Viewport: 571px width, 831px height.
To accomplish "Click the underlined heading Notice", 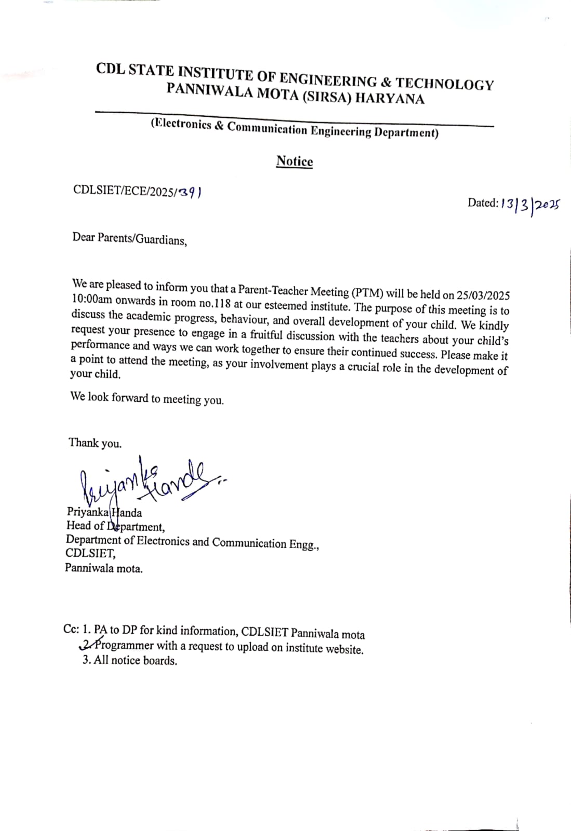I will [295, 162].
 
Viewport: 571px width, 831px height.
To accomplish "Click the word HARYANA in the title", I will [390, 99].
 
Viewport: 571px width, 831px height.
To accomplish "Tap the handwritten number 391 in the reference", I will [189, 192].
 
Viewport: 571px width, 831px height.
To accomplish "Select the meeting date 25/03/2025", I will [483, 296].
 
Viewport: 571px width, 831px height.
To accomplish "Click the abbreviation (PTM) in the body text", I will [367, 292].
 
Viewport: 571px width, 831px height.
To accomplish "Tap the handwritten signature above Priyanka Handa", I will [145, 480].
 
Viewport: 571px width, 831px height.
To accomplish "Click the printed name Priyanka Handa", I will [104, 512].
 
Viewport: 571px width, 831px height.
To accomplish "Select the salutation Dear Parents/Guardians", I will [129, 239].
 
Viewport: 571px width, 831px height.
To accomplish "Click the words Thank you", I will [95, 443].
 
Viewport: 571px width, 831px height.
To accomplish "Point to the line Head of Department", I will [115, 526].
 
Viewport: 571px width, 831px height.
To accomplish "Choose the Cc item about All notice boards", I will [130, 661].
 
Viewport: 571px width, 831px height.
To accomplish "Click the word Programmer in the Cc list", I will [125, 646].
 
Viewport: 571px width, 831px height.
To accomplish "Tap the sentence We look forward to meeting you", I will [147, 398].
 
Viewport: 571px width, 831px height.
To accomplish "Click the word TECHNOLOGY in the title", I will [445, 84].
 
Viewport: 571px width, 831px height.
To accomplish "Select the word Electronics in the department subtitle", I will [181, 124].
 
